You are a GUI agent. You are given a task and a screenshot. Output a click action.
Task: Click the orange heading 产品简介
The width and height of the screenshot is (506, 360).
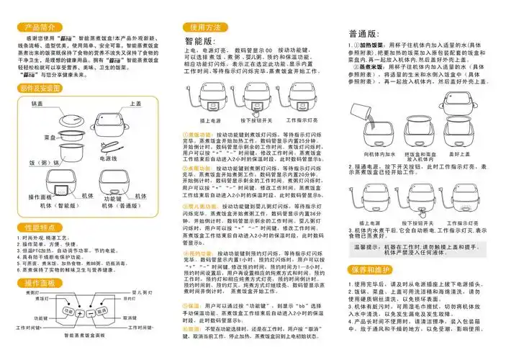pyautogui.click(x=37, y=27)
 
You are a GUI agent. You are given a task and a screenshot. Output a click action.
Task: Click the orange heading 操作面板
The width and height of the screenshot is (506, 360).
pyautogui.click(x=37, y=283)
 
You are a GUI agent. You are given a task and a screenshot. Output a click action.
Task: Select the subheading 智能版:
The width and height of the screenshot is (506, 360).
pyautogui.click(x=201, y=41)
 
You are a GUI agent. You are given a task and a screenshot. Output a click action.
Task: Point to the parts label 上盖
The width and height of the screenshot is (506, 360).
pyautogui.click(x=135, y=104)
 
